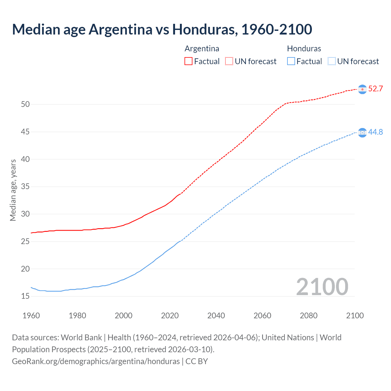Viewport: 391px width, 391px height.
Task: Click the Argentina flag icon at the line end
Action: pos(362,89)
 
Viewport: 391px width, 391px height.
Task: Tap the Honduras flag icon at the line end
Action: pos(362,133)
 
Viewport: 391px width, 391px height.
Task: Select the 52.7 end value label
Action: pos(375,89)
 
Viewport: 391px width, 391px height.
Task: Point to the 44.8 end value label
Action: pos(375,132)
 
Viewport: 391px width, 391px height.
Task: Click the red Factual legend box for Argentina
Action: pos(188,61)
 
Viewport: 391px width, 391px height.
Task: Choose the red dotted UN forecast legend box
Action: pos(229,61)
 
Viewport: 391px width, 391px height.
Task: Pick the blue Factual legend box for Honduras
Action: pos(291,61)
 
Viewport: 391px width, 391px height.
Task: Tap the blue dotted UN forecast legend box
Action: pos(331,61)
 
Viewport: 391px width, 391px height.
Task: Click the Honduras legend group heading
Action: pos(304,49)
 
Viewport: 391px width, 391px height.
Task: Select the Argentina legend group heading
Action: pos(202,49)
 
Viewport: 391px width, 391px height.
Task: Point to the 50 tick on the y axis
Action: pos(25,104)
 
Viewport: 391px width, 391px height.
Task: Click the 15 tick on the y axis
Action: pos(25,296)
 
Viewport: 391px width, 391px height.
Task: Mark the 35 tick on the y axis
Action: pos(25,187)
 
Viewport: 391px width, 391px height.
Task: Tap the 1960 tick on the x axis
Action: pos(31,316)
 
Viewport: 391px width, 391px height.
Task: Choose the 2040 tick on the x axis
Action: pos(216,316)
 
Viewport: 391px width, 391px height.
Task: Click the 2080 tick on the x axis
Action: pos(309,316)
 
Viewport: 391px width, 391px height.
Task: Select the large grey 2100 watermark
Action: pos(322,287)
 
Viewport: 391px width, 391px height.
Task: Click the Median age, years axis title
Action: pos(13,190)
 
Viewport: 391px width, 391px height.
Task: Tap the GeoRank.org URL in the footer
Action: pos(96,361)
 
